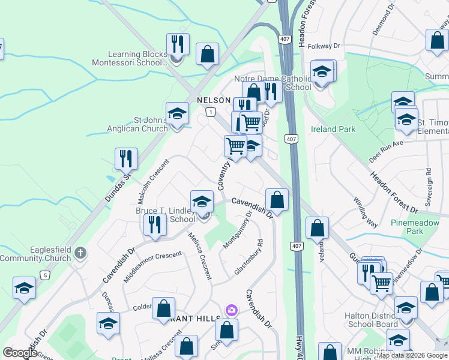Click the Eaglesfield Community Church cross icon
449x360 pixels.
pyautogui.click(x=81, y=253)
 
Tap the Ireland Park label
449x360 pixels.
pyautogui.click(x=333, y=129)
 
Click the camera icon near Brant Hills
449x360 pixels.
pyautogui.click(x=231, y=310)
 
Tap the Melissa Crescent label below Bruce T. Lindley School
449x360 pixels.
pyautogui.click(x=200, y=256)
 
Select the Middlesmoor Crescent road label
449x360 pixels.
pyautogui.click(x=152, y=268)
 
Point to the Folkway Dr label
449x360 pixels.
pyautogui.click(x=324, y=46)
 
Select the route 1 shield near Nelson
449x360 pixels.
pyautogui.click(x=210, y=112)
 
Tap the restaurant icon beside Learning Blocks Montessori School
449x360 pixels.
pyautogui.click(x=178, y=44)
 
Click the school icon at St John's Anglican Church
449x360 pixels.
pyautogui.click(x=177, y=113)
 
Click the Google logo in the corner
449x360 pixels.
pyautogui.click(x=20, y=353)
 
